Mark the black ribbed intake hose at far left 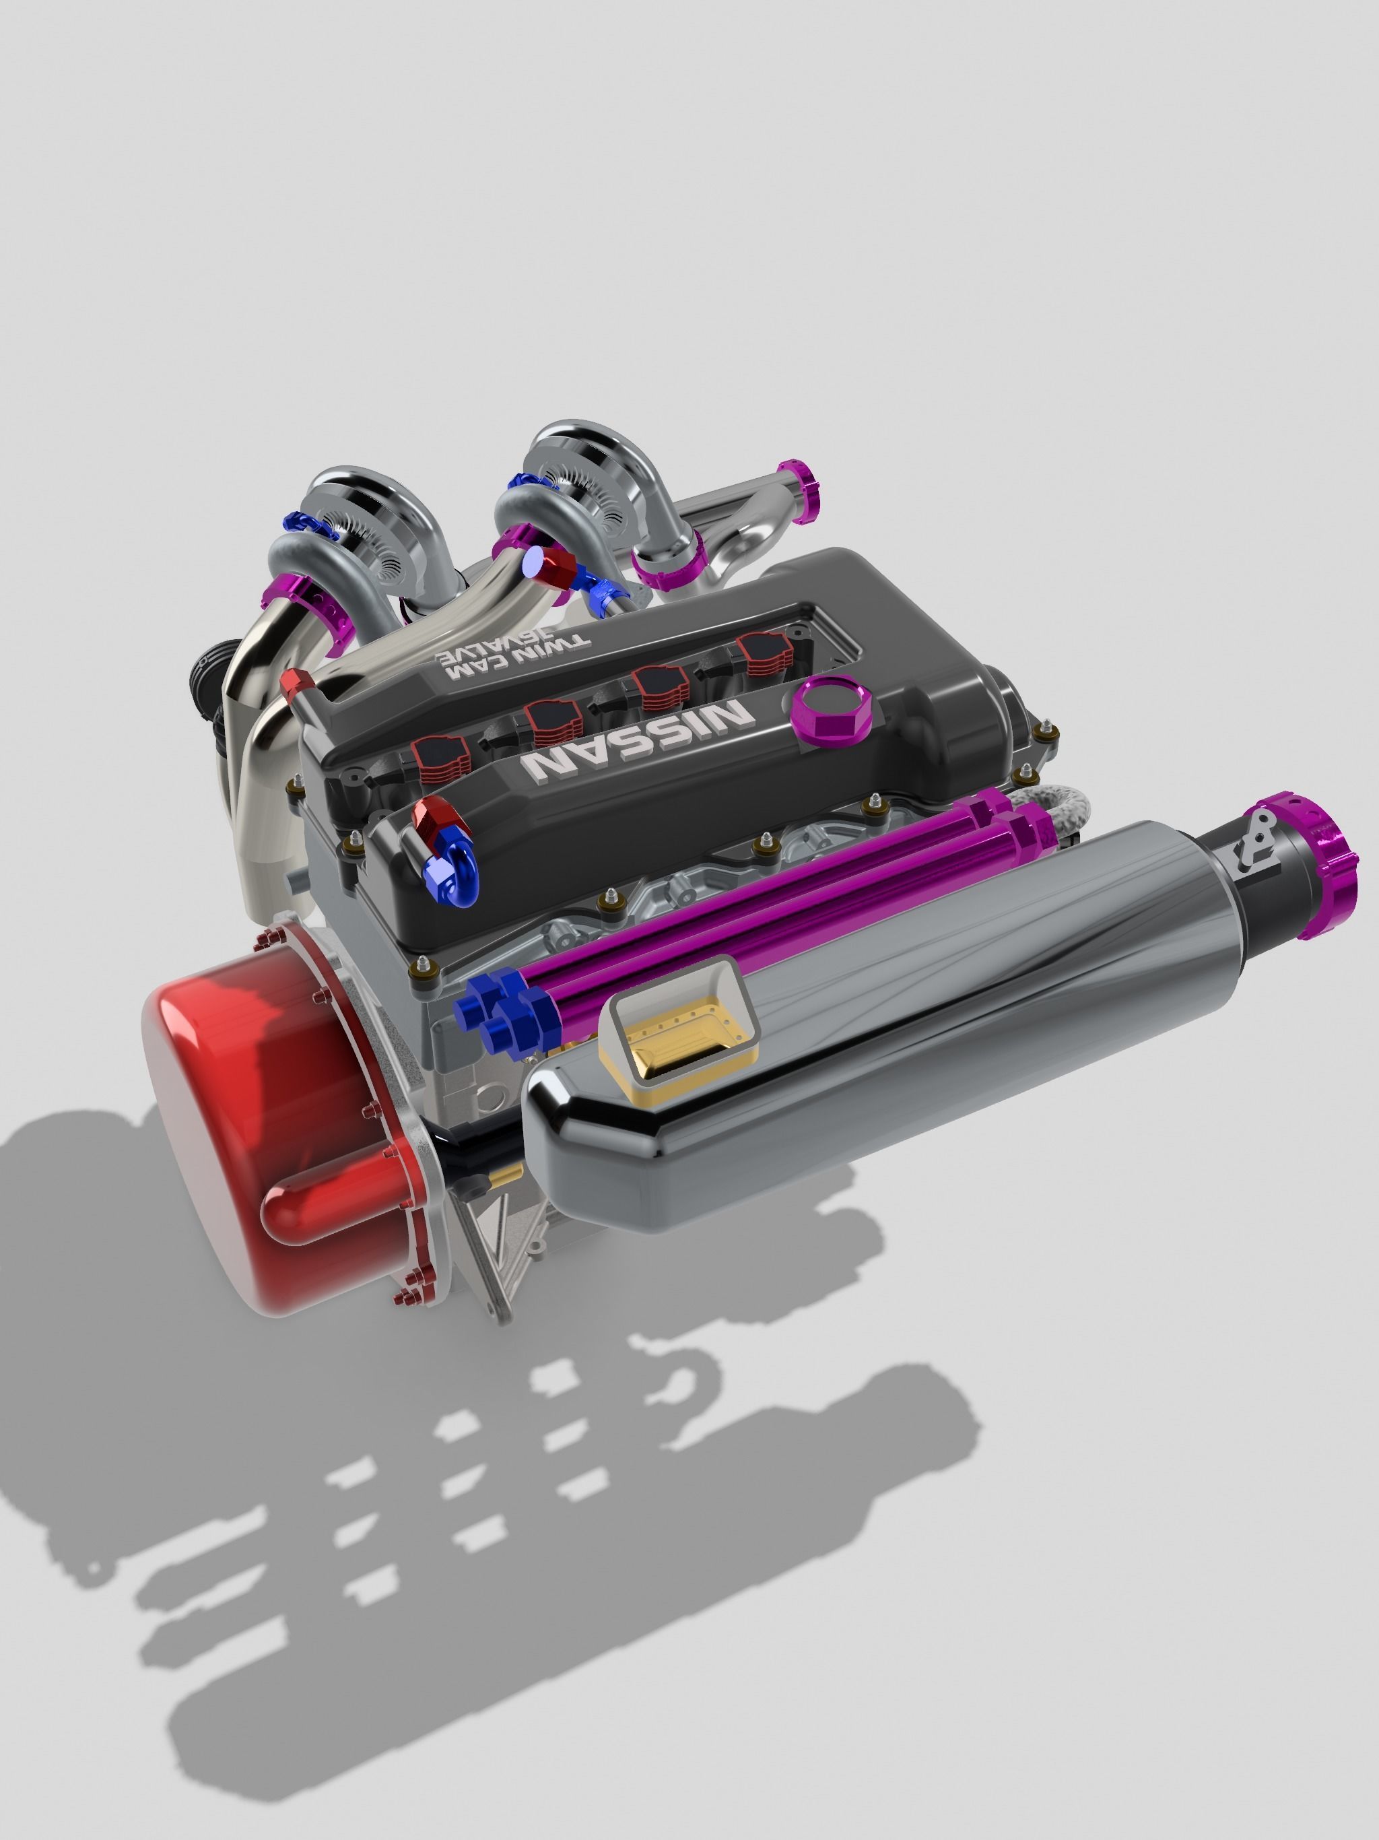(x=204, y=665)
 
